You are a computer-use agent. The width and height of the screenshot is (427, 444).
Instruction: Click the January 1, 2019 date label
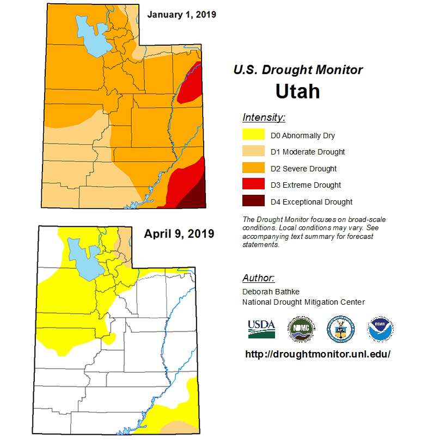point(181,14)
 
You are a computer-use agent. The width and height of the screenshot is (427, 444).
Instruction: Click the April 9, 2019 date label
point(179,234)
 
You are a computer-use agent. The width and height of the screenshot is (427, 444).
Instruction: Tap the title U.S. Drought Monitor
point(297,70)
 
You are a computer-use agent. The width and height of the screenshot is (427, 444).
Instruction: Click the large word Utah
point(297,91)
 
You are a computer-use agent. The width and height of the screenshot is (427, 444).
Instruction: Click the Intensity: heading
point(264,118)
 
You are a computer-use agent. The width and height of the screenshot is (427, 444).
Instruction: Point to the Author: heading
point(258,278)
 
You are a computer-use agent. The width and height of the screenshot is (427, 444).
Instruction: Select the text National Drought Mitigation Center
point(303,302)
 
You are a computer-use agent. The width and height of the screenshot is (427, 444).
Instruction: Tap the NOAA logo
point(380,329)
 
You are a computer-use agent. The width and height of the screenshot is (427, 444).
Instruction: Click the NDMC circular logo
point(301,329)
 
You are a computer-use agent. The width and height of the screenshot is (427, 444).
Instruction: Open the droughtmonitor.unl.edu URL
point(318,354)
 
